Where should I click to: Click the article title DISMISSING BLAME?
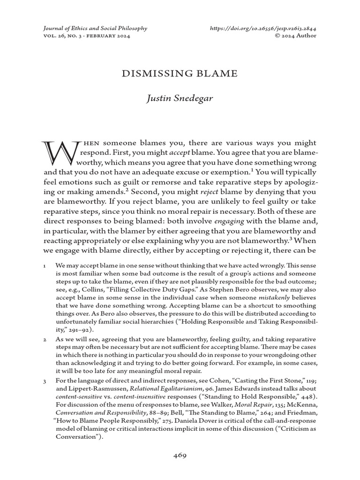[180, 73]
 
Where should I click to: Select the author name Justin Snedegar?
[180, 99]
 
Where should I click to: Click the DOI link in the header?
[263, 28]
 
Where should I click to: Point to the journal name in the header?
[95, 28]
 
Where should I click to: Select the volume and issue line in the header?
[87, 36]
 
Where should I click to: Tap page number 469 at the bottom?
[180, 455]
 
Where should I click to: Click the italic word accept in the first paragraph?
[179, 153]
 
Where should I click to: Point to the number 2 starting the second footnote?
[44, 339]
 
